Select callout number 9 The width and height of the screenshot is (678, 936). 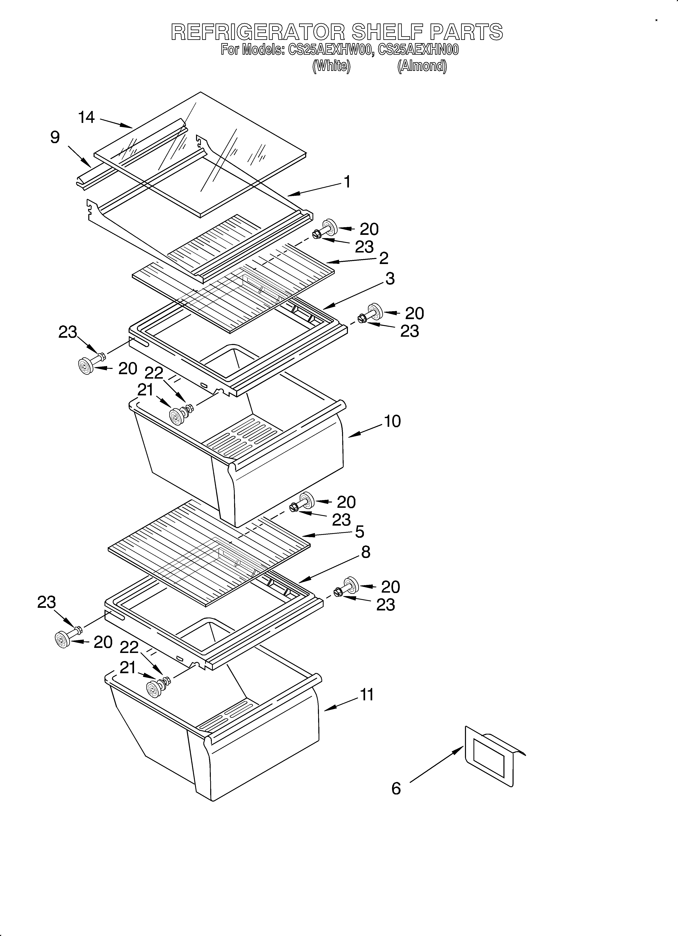point(55,137)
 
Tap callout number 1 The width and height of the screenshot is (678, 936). point(347,182)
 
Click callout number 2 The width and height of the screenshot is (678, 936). point(384,258)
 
